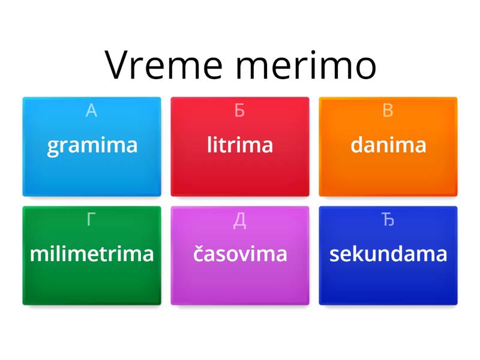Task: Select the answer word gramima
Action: [x=92, y=145]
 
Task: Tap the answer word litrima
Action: [x=240, y=145]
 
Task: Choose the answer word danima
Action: [x=388, y=145]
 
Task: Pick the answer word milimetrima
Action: [x=92, y=254]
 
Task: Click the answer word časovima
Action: [x=240, y=254]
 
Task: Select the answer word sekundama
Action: [x=388, y=254]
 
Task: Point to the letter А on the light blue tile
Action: [x=91, y=111]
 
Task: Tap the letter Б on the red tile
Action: [x=239, y=111]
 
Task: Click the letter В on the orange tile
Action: [x=388, y=111]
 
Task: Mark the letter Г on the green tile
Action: [x=91, y=220]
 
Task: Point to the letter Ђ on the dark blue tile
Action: [x=388, y=220]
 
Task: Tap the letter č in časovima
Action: [x=199, y=254]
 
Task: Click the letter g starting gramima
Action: [x=53, y=147]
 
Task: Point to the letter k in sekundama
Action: [x=358, y=254]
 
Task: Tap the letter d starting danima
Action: [x=357, y=145]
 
